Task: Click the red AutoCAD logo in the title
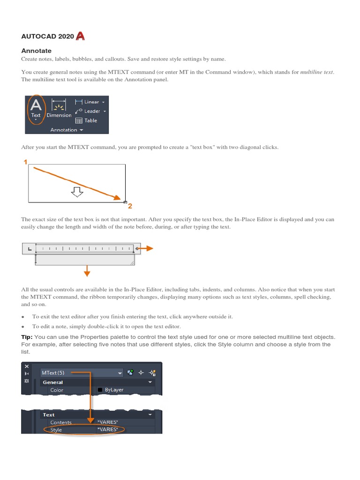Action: [80, 36]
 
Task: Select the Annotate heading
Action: [37, 51]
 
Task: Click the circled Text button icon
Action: [36, 108]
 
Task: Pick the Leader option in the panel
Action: [90, 111]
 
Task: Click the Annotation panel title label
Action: [64, 130]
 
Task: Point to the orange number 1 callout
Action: [26, 162]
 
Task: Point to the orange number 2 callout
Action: [130, 206]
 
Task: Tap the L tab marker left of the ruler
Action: [29, 249]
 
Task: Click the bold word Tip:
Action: [27, 337]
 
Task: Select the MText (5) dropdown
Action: [82, 373]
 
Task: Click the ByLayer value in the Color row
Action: [114, 390]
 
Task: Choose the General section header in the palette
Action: [53, 382]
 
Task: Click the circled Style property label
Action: [56, 430]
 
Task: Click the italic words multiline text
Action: [316, 72]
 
